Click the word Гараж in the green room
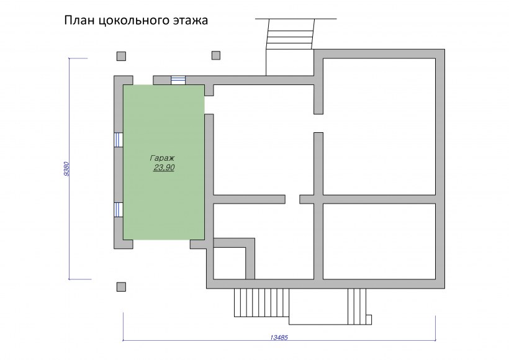[x=162, y=158]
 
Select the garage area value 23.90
[x=164, y=168]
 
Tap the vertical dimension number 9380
[x=66, y=169]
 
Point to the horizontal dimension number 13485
[x=279, y=337]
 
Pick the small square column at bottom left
[x=121, y=287]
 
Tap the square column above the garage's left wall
[x=121, y=56]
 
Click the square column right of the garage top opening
[x=216, y=55]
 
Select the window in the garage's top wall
[x=178, y=80]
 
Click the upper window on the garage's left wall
[x=119, y=140]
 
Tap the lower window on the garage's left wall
[x=119, y=210]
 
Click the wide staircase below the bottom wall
[x=262, y=302]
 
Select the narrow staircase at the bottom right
[x=357, y=307]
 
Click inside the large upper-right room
[x=379, y=127]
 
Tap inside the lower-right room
[x=379, y=241]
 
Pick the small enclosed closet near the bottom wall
[x=229, y=263]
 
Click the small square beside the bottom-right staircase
[x=369, y=320]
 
